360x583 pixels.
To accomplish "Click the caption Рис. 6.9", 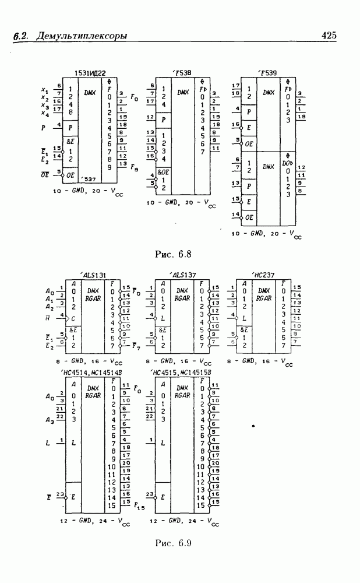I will coord(174,543).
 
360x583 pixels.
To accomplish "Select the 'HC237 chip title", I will coord(262,275).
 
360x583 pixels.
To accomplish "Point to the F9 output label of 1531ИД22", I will coord(135,168).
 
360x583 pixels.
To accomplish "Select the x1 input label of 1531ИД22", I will coord(45,90).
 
